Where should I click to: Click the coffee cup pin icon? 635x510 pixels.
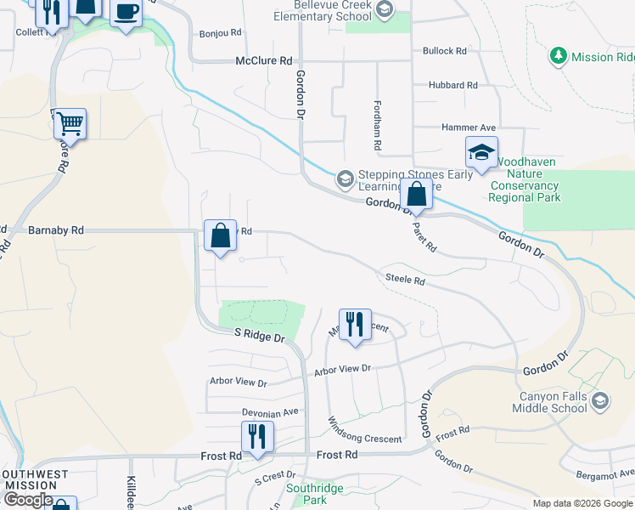point(126,13)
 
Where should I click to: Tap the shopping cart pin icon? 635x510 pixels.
point(70,125)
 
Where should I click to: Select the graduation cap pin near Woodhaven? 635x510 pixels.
point(481,152)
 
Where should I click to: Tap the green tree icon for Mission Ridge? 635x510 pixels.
point(558,57)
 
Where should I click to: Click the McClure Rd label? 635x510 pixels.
point(263,61)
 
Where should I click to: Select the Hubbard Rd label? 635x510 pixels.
point(452,86)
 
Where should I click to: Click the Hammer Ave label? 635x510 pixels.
point(468,127)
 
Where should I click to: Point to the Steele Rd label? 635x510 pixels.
point(404,279)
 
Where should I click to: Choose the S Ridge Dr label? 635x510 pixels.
point(260,337)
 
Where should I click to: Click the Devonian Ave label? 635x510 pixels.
point(270,412)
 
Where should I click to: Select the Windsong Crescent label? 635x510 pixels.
point(365,439)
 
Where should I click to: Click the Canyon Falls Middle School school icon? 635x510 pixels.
point(600,399)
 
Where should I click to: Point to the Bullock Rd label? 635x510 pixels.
point(445,51)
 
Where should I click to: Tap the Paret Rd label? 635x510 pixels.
point(425,238)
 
